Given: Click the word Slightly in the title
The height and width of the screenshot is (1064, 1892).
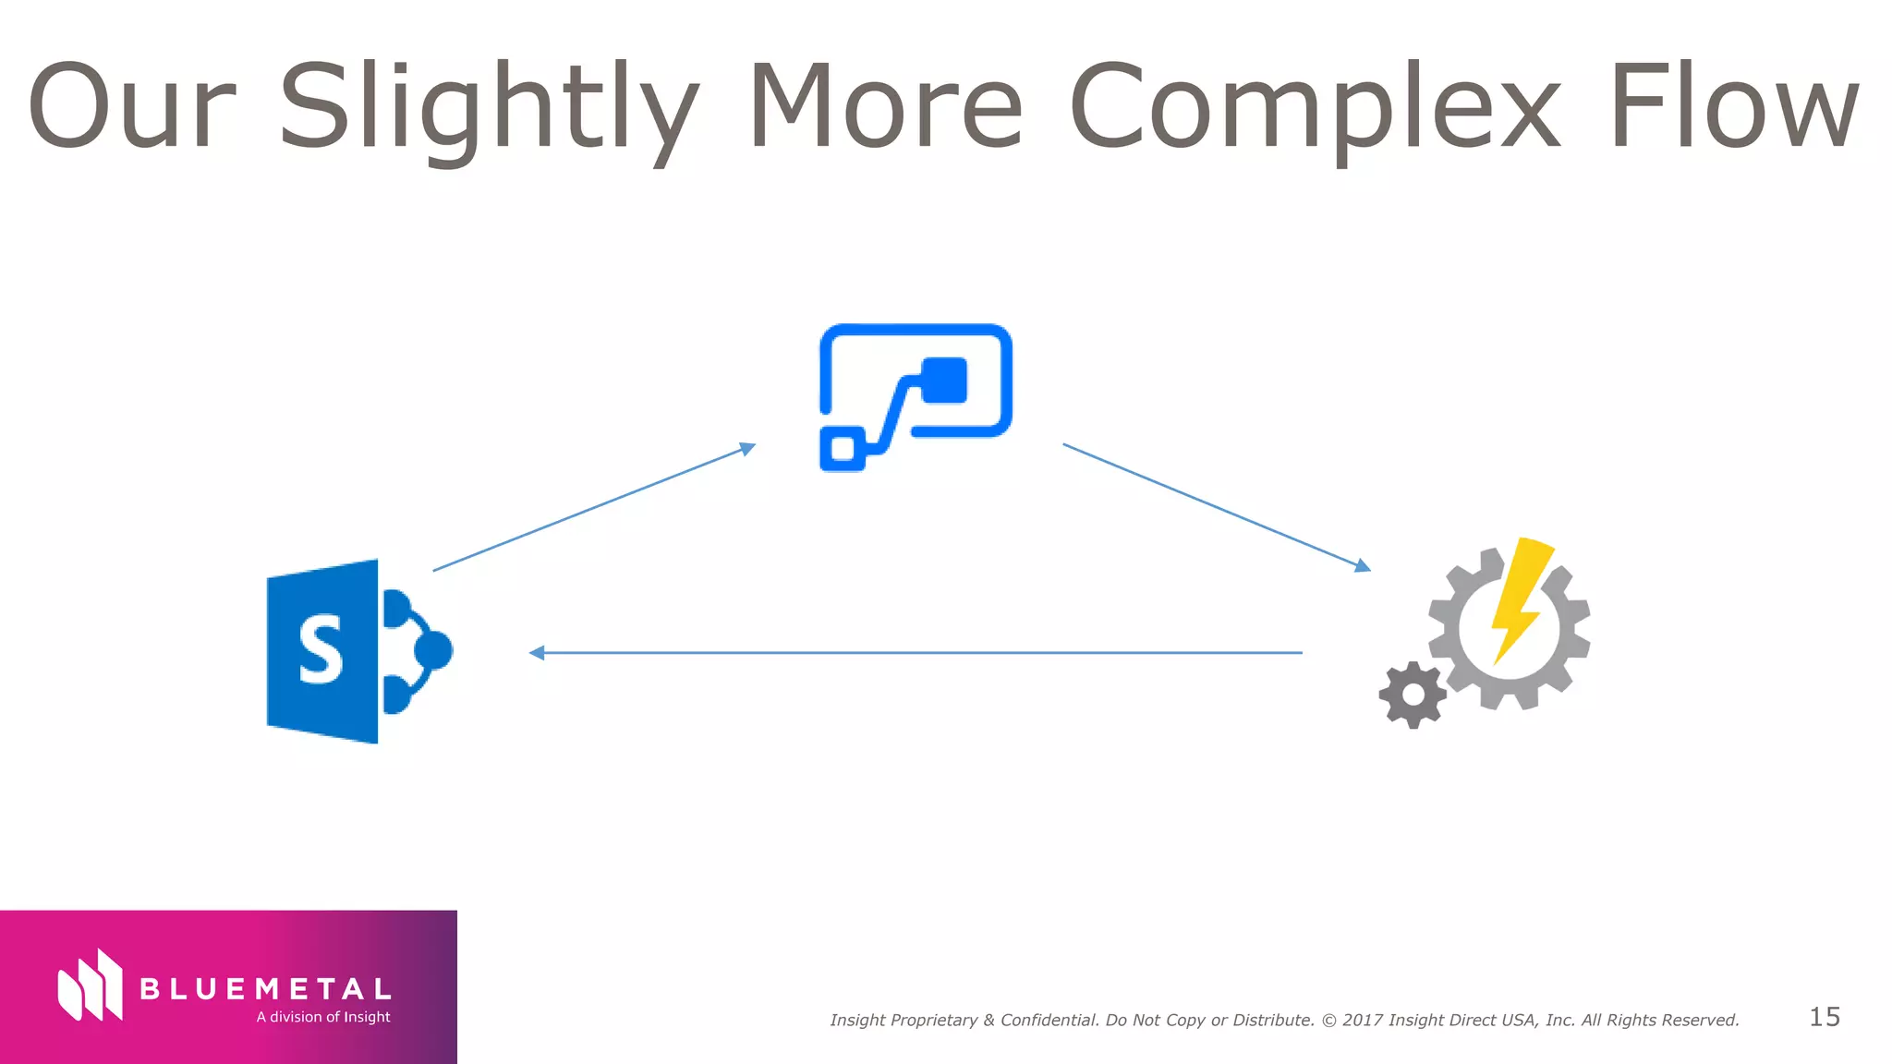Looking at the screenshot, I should (x=488, y=106).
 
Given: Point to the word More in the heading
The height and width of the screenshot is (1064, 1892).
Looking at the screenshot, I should (x=885, y=106).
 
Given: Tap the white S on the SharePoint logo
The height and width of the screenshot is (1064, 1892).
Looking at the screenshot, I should (x=321, y=651).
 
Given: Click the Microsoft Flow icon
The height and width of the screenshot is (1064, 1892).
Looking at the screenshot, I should (x=915, y=396).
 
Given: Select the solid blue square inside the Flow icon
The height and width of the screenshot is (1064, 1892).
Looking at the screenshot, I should (x=944, y=381).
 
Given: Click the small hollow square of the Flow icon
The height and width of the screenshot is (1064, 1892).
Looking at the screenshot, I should (x=843, y=449).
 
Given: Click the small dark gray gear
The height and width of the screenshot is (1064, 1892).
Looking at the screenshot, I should (x=1413, y=695).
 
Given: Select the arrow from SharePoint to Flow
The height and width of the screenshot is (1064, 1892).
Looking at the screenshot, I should (x=594, y=509).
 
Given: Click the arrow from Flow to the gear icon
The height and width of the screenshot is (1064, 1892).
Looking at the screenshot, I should (x=1216, y=507).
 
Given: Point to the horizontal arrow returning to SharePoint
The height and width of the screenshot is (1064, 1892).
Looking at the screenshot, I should (x=915, y=653).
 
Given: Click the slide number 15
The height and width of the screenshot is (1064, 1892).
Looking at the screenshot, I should (x=1825, y=1017).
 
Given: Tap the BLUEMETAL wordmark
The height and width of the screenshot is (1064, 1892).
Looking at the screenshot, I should (x=265, y=989).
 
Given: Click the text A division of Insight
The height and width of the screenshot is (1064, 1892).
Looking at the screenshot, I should (x=323, y=1017).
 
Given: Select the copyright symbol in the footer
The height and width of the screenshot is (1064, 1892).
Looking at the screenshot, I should (x=1328, y=1021).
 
